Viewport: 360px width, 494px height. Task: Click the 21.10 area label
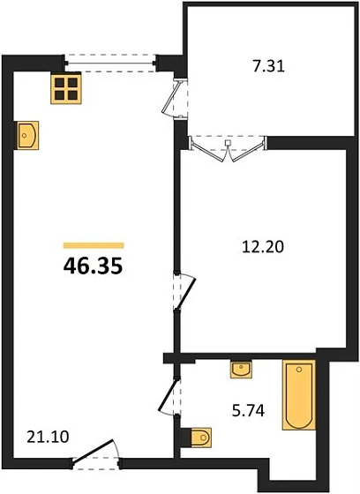[42, 435]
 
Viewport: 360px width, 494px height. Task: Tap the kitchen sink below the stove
[26, 134]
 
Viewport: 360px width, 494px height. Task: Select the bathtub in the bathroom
[298, 394]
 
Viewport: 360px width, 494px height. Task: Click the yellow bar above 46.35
[94, 244]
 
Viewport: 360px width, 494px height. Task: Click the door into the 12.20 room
[184, 291]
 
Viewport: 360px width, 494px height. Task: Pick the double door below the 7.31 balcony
[228, 146]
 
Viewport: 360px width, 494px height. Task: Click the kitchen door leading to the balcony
[172, 99]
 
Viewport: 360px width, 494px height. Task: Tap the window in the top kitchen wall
[110, 61]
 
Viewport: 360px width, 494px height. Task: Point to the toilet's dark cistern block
[185, 437]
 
